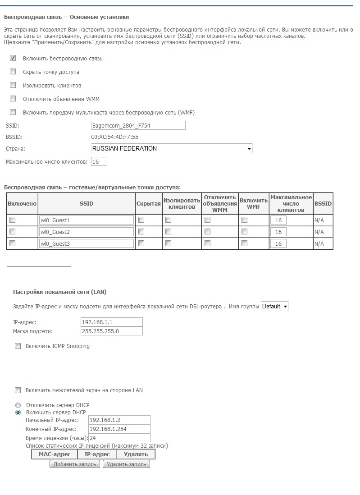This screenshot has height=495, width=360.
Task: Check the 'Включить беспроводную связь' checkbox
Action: tap(13, 58)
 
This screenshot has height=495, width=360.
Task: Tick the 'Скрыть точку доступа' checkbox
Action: tap(13, 72)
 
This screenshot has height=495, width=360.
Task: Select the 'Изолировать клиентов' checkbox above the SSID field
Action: tap(13, 85)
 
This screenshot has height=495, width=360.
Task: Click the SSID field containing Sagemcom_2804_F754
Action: tap(138, 125)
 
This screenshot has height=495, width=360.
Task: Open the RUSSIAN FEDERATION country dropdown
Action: tap(172, 148)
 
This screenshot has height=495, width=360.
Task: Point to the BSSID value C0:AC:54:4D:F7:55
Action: tap(114, 137)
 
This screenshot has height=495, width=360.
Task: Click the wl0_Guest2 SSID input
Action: tap(87, 232)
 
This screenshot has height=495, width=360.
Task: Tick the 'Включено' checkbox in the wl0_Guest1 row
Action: tap(13, 220)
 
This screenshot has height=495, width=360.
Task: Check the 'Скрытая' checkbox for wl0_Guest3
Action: tap(141, 243)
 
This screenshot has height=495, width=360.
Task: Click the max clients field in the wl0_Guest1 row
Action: tap(278, 220)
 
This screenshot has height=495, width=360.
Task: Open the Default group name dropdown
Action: tap(275, 307)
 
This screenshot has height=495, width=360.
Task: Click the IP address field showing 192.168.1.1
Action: tap(111, 322)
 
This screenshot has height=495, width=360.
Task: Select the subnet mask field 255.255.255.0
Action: tap(111, 331)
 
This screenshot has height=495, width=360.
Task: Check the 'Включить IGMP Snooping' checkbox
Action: tap(18, 346)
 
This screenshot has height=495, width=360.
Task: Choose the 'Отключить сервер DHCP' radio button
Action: tap(18, 405)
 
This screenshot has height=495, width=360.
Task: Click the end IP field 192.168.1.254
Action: tap(119, 429)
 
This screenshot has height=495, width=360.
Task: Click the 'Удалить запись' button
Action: tap(126, 464)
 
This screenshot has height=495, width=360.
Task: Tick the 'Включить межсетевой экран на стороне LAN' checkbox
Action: tap(18, 390)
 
